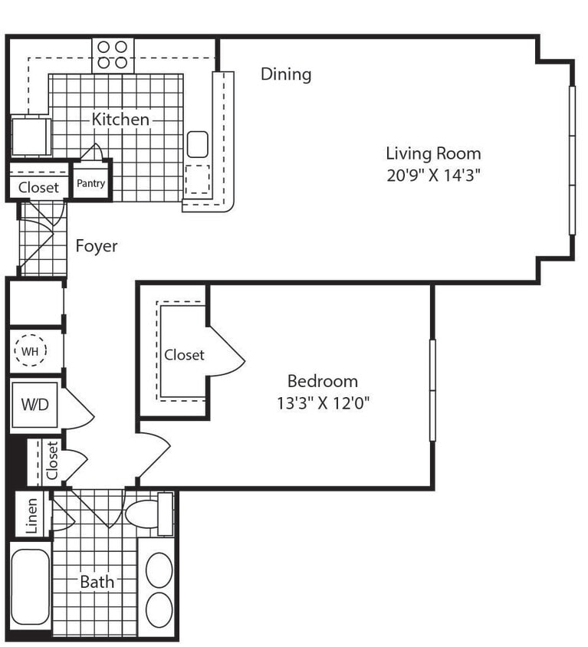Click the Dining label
[286, 74]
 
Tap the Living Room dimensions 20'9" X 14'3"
[433, 174]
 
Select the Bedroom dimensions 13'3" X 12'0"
[323, 402]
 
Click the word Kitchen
[120, 120]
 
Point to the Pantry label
[90, 184]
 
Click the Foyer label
[97, 246]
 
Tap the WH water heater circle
[30, 351]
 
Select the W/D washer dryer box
[34, 403]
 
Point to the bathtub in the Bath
[30, 587]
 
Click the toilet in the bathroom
[145, 513]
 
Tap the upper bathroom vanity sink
[159, 570]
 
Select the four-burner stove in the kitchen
[113, 55]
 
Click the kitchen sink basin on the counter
[198, 143]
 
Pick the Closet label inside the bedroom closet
[184, 355]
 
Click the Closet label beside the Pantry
[38, 188]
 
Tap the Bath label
[97, 582]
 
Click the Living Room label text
[433, 153]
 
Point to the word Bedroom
[323, 381]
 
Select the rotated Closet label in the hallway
[51, 462]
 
